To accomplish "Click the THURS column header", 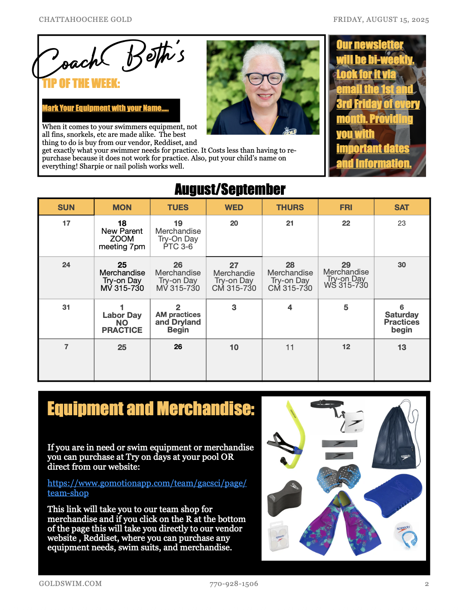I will coord(290,207).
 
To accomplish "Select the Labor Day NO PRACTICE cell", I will coord(122,319).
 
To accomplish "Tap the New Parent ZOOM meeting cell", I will coord(122,236).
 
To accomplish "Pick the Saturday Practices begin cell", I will coord(402,319).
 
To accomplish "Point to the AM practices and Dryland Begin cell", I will coord(178,319).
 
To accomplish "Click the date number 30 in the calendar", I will coord(402,265).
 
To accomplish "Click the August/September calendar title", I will coord(230,189).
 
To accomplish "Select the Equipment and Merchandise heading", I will coord(151,409).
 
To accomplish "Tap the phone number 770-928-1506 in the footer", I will coord(234,584).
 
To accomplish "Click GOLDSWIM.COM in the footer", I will coord(70,584).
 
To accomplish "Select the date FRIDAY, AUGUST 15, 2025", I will coord(381,20).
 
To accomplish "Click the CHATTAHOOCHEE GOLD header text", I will coord(85,20).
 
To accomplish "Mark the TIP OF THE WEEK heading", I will coord(81,83).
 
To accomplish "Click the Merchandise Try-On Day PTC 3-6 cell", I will coord(178,236).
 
